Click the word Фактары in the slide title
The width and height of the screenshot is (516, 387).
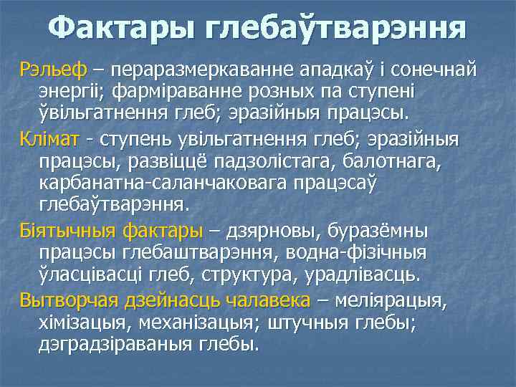(x=121, y=29)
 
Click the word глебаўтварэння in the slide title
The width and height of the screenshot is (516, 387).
(x=336, y=29)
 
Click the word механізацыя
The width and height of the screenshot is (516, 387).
(x=198, y=322)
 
